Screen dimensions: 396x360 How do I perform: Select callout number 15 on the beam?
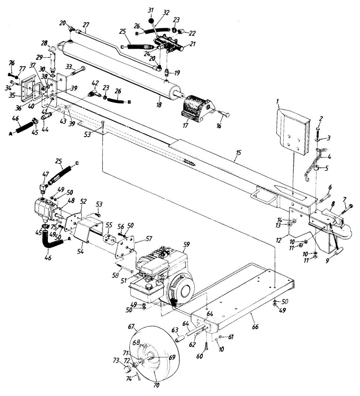(x=238, y=152)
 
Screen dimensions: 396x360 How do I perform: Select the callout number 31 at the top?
(x=151, y=10)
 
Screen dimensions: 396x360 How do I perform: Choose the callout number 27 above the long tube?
(x=86, y=24)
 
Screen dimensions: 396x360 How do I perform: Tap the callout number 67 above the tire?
(x=132, y=327)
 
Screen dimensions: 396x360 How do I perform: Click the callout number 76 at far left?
(x=12, y=63)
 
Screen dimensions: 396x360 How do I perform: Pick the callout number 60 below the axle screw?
(x=200, y=356)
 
